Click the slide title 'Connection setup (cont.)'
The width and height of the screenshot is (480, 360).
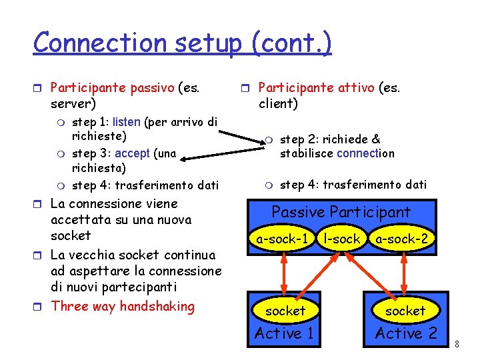[182, 43]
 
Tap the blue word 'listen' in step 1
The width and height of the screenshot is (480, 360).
[126, 122]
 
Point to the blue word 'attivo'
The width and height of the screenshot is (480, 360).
[352, 87]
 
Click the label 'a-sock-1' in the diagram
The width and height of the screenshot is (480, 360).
[282, 238]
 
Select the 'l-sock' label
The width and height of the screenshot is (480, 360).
[341, 238]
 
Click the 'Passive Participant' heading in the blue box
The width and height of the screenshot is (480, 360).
[341, 212]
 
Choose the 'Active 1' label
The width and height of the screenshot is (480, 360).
[283, 333]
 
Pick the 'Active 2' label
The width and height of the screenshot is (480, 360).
[406, 333]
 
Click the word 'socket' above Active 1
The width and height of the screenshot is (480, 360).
[285, 311]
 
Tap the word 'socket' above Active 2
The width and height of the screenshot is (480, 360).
[405, 311]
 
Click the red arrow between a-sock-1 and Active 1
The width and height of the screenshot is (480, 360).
[283, 270]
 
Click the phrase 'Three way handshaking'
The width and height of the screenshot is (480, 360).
[123, 307]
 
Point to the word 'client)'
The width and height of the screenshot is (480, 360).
[278, 103]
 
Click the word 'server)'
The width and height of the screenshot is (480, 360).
[73, 103]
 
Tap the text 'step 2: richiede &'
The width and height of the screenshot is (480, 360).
[329, 139]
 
